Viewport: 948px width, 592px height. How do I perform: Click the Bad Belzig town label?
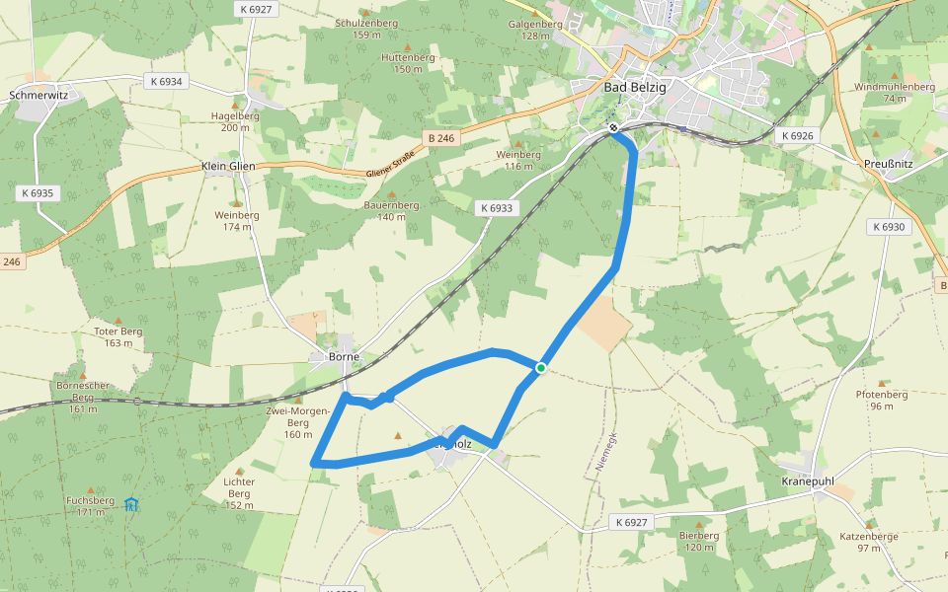click(x=635, y=87)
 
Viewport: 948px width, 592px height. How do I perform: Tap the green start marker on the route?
click(x=541, y=368)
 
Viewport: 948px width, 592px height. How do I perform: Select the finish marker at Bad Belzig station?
click(x=613, y=127)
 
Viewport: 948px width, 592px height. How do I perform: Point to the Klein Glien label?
click(x=228, y=166)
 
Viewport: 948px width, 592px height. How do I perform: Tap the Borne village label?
click(x=345, y=356)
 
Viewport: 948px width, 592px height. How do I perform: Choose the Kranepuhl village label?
click(x=807, y=481)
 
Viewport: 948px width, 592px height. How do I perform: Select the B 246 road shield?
click(x=441, y=138)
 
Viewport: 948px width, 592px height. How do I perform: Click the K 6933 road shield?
click(x=495, y=208)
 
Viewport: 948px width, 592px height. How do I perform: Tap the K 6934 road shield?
click(x=164, y=81)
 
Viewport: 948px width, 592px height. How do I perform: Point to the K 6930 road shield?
click(x=888, y=227)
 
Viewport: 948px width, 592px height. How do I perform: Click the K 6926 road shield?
click(x=796, y=135)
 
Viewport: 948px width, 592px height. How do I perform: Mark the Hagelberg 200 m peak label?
click(x=235, y=120)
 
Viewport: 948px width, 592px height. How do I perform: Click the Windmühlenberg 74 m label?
click(x=895, y=92)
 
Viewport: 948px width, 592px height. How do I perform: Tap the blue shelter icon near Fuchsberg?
click(x=131, y=504)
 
